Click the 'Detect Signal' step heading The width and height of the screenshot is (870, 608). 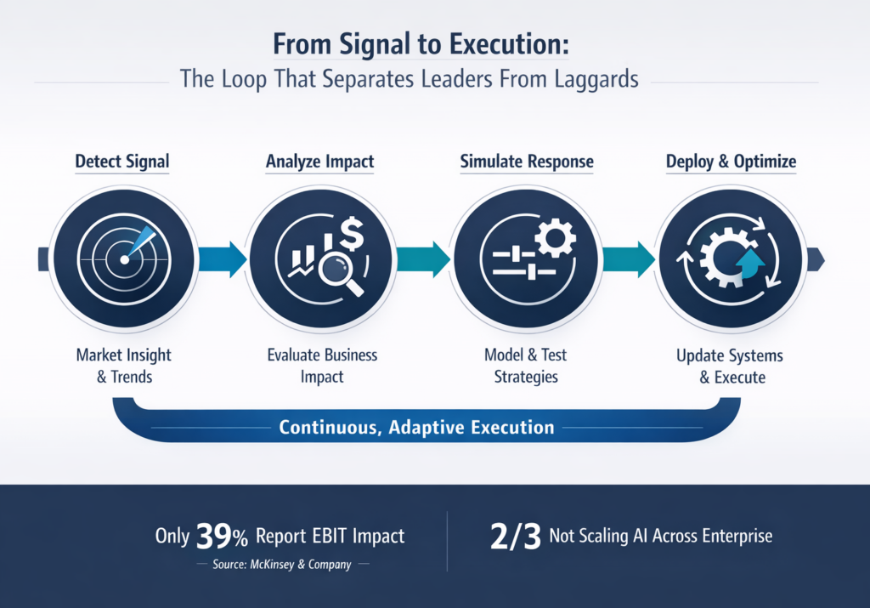121,162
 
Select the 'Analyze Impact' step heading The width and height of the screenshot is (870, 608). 319,162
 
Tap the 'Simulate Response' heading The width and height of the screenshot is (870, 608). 526,162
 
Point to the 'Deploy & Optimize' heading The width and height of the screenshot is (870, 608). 732,162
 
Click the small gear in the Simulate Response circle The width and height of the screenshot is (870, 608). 556,239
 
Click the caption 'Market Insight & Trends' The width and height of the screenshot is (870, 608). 123,365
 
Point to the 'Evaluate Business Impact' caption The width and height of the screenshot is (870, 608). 322,365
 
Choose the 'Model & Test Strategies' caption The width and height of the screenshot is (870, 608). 526,365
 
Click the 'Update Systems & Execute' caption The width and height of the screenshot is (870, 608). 731,366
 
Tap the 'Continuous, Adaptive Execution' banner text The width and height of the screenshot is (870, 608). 416,427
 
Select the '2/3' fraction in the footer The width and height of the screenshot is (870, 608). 511,536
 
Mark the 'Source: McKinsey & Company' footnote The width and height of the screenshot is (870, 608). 281,565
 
